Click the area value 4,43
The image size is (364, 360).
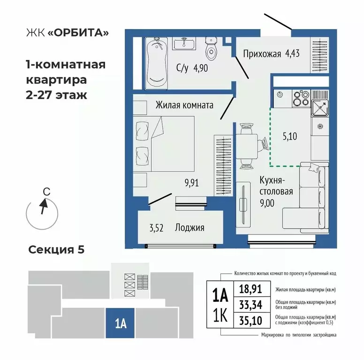pos(291,53)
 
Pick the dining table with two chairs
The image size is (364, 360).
pos(247,146)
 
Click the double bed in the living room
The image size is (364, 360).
pos(164,145)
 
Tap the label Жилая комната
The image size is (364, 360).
pos(184,105)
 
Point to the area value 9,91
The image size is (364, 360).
pos(190,183)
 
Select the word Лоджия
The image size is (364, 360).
pos(190,228)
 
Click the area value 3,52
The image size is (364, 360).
pos(156,228)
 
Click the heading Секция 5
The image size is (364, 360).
pos(56,249)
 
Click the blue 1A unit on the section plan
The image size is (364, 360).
pos(120,323)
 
